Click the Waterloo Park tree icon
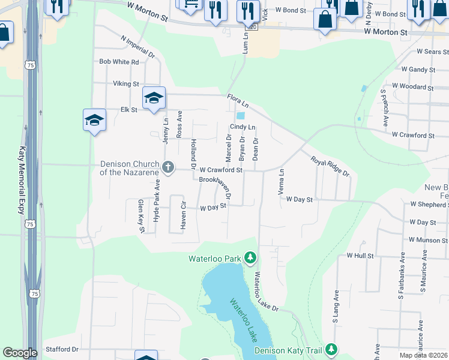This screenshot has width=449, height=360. tap(250, 259)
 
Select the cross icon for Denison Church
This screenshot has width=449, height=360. tap(169, 167)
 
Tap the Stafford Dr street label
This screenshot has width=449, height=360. tap(62, 349)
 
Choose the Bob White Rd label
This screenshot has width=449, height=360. tap(119, 62)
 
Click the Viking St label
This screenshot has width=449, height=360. tap(126, 84)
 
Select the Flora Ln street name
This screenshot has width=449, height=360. tap(238, 102)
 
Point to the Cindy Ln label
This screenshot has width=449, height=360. tap(243, 127)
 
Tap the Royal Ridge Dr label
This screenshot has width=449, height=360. tap(330, 166)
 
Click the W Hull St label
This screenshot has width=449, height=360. tap(360, 256)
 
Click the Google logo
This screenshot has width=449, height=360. tap(20, 353)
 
